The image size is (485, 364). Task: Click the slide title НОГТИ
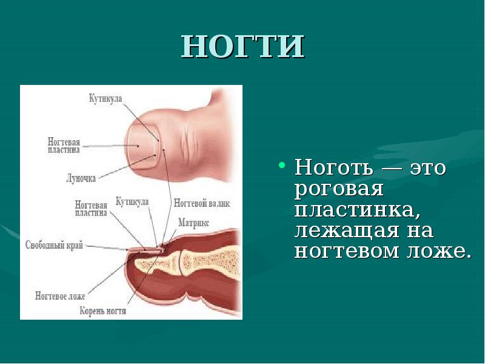[x=242, y=46]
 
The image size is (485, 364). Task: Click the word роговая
[x=339, y=189]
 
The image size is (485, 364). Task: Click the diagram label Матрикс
[x=194, y=223]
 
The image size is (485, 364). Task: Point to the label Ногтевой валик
[x=201, y=203]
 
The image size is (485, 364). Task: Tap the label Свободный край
[x=54, y=246]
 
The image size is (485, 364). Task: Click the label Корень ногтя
[x=103, y=311]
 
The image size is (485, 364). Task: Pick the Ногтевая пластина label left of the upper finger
[x=64, y=145]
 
